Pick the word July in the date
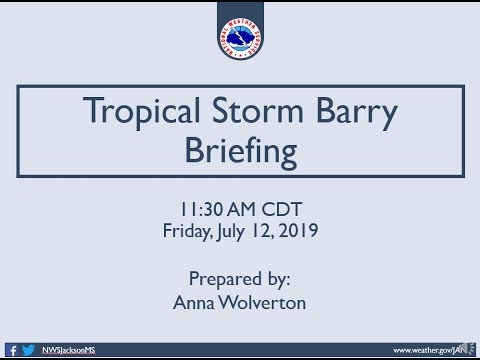[x=233, y=231]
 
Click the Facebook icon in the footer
[x=13, y=350]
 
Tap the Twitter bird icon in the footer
[x=27, y=350]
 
